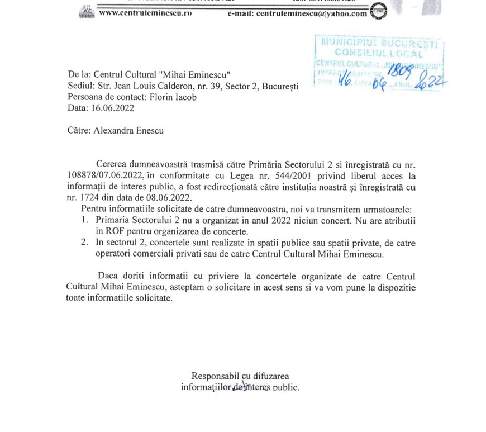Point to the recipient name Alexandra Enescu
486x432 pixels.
pos(128,131)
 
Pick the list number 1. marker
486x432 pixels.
pos(84,220)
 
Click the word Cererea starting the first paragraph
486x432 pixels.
pos(112,165)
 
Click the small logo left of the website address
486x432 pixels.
pos(87,11)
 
